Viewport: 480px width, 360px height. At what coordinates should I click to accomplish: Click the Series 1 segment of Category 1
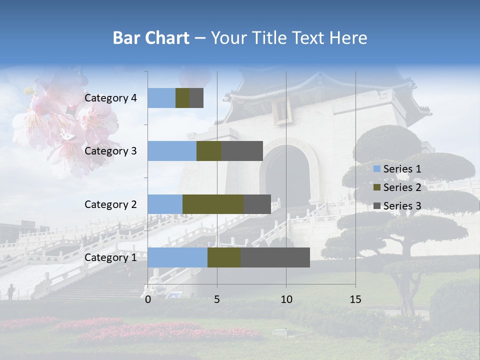177,257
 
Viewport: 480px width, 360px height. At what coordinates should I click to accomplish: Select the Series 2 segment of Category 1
224,257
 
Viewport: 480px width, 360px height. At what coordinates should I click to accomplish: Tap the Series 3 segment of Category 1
275,257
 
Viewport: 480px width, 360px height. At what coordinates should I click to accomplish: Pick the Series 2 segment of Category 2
213,204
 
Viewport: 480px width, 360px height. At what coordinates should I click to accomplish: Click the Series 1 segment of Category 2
165,204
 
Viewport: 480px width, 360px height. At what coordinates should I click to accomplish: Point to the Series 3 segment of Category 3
242,151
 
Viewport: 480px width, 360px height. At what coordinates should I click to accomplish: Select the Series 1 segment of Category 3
172,151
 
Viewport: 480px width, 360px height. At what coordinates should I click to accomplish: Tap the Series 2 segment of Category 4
182,98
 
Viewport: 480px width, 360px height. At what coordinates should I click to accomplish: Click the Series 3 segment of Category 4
196,98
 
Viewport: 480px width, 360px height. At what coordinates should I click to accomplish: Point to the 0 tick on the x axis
148,299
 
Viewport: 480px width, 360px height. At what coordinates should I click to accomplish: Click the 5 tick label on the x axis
217,299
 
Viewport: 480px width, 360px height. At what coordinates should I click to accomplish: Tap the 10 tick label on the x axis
286,299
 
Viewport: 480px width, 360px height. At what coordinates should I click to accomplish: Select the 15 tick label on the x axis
355,299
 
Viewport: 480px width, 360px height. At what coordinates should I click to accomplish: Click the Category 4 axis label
110,98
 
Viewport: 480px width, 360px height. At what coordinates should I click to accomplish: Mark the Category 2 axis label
110,204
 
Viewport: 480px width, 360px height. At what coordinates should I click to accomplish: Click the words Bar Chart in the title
151,38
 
